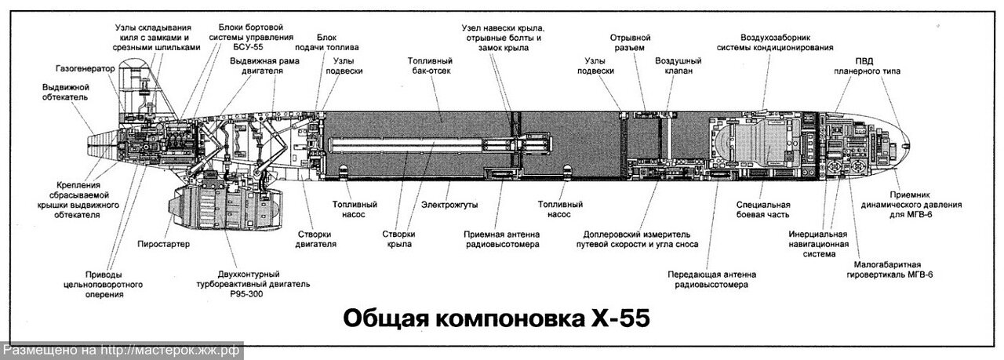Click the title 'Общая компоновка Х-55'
(497, 320)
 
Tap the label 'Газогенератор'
(85, 68)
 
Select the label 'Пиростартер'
(164, 244)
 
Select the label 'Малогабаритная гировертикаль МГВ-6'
(893, 269)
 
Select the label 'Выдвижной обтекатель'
(65, 92)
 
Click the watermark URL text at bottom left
(122, 351)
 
